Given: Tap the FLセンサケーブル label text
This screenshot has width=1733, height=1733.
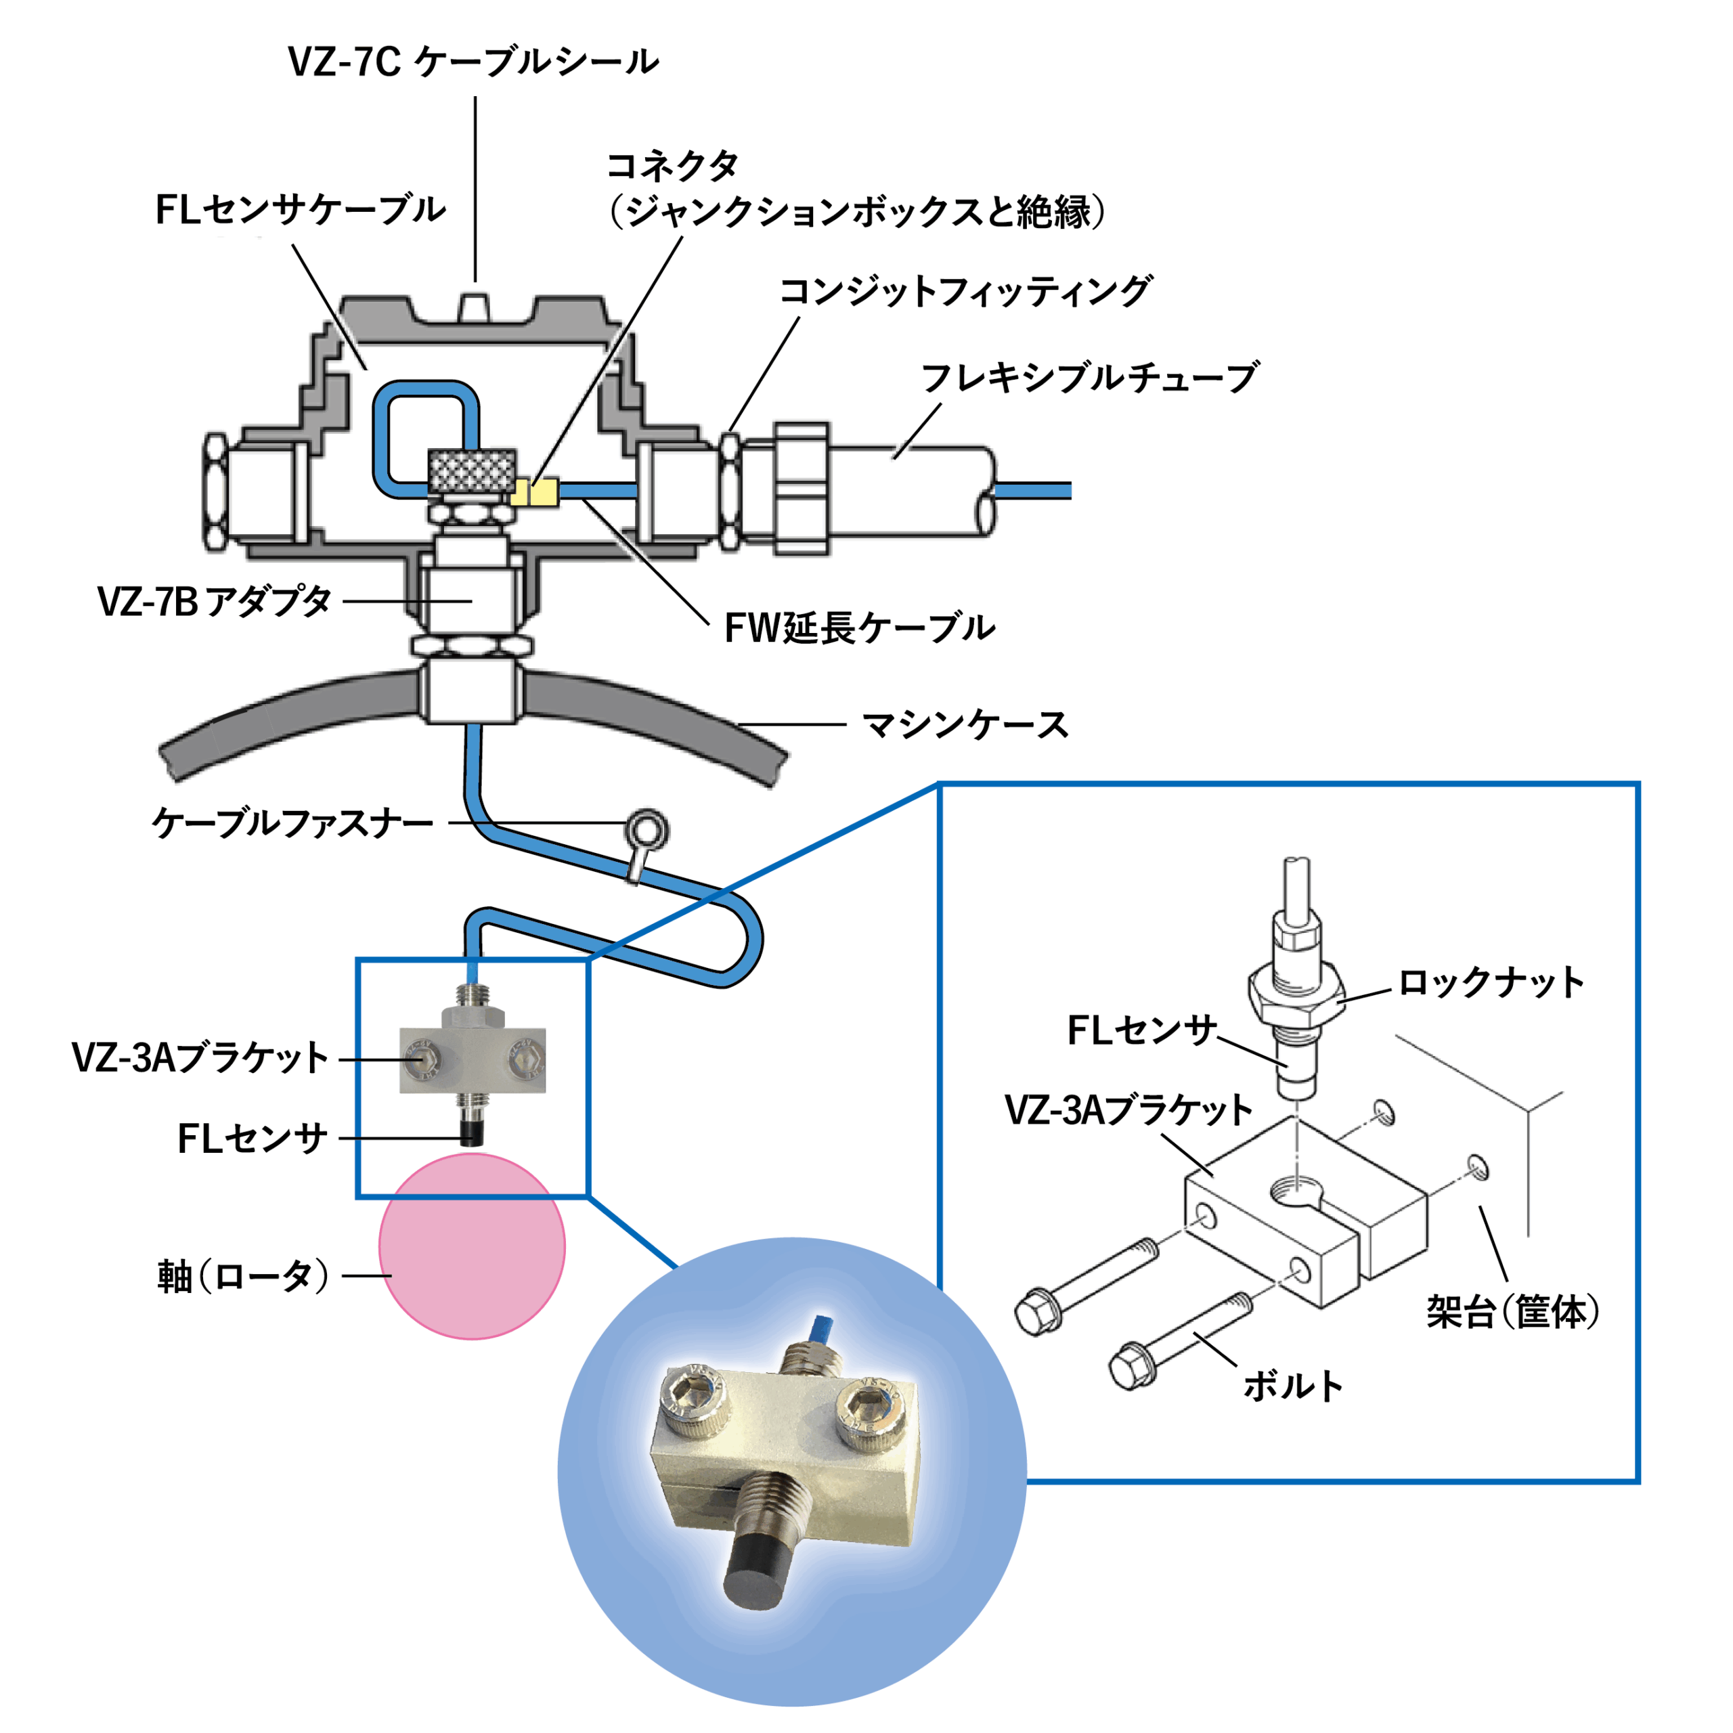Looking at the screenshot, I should point(301,210).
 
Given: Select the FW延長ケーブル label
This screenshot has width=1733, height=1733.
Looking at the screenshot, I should point(858,628).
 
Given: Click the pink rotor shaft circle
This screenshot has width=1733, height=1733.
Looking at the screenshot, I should point(472,1247).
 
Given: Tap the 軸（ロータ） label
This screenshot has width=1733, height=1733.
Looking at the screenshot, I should point(243,1275).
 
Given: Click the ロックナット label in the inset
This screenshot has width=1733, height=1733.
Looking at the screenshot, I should point(1491,983).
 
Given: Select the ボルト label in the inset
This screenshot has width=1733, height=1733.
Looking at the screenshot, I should point(1292,1386).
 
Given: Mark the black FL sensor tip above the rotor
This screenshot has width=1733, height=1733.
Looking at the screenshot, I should point(472,1132).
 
